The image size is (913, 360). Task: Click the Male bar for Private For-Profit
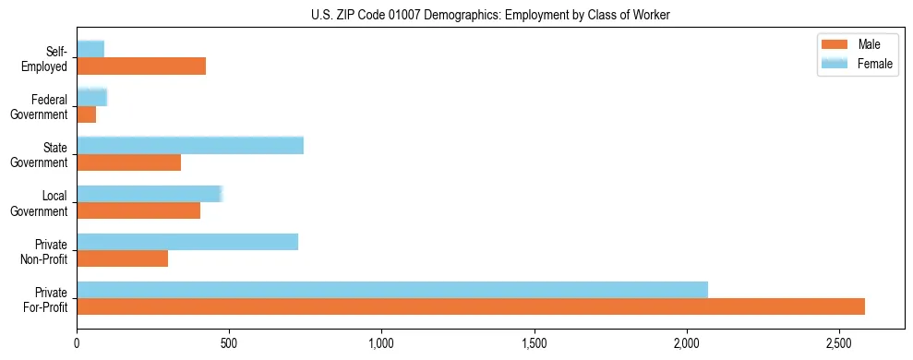point(471,306)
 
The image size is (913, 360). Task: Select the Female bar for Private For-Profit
point(392,290)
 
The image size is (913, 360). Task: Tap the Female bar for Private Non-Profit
point(187,242)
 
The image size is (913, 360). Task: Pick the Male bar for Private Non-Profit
point(123,258)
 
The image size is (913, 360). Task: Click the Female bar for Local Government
point(150,194)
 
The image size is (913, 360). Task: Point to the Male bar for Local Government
point(138,210)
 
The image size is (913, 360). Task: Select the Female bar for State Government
point(190,146)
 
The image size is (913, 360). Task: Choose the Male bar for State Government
point(129,162)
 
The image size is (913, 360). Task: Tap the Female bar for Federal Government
point(92,97)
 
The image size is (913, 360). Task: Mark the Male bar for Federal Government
point(87,114)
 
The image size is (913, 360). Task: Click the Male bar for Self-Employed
point(141,66)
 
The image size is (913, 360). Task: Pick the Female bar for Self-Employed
point(90,49)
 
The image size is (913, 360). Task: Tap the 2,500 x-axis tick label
point(839,343)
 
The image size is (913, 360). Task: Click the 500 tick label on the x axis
point(230,343)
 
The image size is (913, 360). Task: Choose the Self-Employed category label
point(51,58)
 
